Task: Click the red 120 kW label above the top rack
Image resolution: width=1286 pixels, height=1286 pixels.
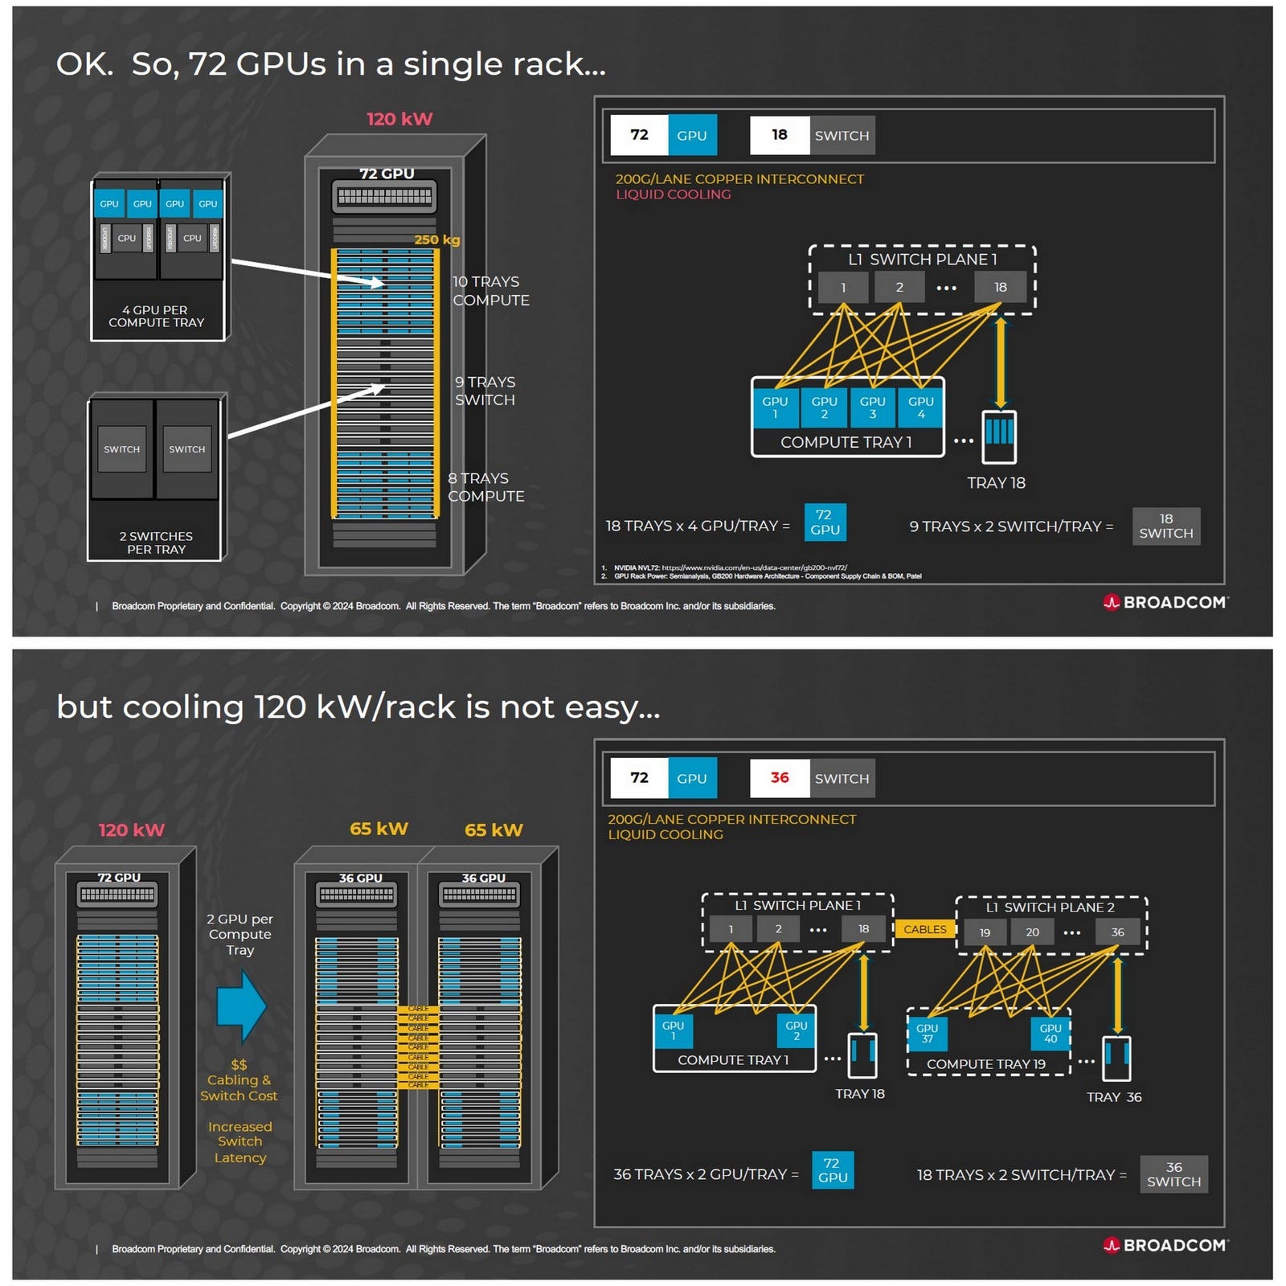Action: (x=399, y=119)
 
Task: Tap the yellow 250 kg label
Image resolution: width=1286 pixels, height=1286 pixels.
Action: (x=436, y=240)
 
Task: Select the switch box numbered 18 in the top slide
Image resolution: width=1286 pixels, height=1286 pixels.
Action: (x=999, y=287)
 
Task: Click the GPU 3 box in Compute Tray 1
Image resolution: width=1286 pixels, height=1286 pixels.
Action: (x=872, y=407)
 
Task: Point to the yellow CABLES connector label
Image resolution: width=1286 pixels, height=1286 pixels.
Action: (x=924, y=929)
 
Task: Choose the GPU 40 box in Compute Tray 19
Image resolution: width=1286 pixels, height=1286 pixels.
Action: (x=1050, y=1033)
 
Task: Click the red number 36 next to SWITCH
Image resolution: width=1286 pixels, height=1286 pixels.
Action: (x=779, y=777)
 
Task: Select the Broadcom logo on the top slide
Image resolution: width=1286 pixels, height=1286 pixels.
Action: (x=1165, y=602)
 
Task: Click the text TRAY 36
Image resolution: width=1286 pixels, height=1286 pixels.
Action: (x=1113, y=1097)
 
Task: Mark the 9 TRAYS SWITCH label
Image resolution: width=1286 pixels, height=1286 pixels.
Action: (x=485, y=391)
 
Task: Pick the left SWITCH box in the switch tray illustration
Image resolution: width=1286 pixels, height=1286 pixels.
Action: (x=121, y=449)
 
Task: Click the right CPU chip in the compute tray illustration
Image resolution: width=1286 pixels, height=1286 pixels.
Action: (x=192, y=238)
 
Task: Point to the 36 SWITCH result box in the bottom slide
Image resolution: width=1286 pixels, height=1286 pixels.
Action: (x=1173, y=1174)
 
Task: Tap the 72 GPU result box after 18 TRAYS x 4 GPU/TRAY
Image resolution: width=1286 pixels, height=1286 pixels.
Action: (x=824, y=522)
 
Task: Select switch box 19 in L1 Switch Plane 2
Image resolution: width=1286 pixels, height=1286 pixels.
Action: (x=984, y=932)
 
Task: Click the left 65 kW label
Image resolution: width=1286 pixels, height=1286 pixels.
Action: (x=379, y=829)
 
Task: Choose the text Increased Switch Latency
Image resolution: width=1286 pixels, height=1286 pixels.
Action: (x=240, y=1141)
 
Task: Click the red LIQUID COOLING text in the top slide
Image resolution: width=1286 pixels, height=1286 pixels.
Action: (x=673, y=195)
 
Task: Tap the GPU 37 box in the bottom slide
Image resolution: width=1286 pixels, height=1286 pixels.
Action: (x=926, y=1033)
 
